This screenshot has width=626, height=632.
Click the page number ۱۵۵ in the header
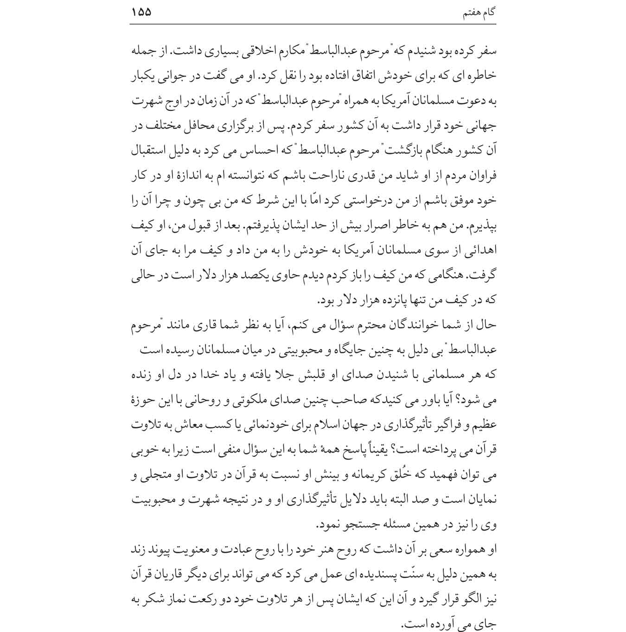coord(141,12)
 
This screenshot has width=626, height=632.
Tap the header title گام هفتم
coord(479,13)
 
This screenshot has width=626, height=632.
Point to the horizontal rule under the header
coord(313,24)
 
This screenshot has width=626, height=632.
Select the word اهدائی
coord(481,251)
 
